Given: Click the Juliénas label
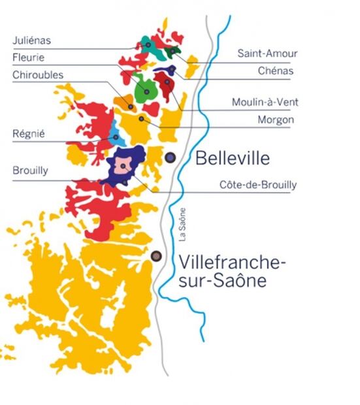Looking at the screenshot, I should tap(31, 40).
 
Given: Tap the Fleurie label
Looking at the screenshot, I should tap(28, 57).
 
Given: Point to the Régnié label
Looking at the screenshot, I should tap(28, 135).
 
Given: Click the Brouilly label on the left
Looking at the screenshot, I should tap(30, 171).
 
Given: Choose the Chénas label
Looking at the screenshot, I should tap(276, 71).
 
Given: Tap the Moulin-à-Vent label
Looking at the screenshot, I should tap(262, 103).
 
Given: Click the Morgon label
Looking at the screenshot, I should tap(276, 120).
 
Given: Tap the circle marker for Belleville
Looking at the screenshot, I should tap(171, 157).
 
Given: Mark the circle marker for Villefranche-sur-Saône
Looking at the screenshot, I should tap(156, 256).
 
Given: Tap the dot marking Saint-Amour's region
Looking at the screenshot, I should tap(172, 50).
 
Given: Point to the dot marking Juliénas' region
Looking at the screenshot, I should tap(148, 44).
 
